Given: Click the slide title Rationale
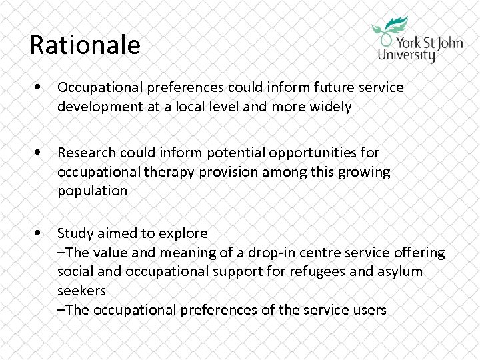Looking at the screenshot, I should [x=85, y=45].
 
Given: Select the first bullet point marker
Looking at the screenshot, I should [x=43, y=88].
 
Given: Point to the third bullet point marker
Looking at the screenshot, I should [x=43, y=233].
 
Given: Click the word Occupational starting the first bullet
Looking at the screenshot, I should [x=95, y=88].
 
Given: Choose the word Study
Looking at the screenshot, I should [x=73, y=233].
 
